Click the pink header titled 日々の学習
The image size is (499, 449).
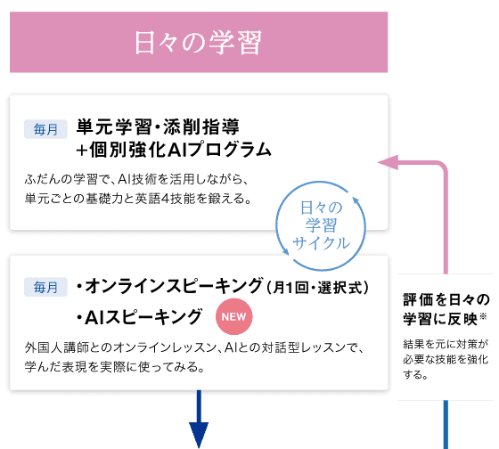coord(199,42)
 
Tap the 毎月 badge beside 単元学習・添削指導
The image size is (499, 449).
coord(45,129)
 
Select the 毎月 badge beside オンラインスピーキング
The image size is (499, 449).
coord(45,287)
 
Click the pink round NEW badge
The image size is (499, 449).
coord(233,316)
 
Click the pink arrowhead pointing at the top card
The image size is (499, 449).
coord(388,162)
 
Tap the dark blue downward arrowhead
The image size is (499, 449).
coord(199,435)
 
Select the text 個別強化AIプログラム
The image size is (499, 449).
coord(180,150)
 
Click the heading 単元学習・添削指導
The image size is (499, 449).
coord(158,127)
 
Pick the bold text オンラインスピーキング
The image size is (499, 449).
coord(174,285)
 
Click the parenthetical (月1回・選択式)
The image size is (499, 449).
coord(317,288)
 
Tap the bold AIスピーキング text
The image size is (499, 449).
coord(143,317)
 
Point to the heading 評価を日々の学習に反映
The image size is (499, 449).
coord(446,309)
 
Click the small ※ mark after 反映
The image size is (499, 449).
coord(483,316)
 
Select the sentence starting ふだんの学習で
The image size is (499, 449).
coord(136,179)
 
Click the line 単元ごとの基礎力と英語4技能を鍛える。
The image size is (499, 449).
coord(138,199)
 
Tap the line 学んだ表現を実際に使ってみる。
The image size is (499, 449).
coord(115,367)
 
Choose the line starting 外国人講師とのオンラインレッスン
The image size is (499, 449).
coord(194,347)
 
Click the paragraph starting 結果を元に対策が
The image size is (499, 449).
coord(446,359)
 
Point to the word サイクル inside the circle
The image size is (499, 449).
coord(321,243)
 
